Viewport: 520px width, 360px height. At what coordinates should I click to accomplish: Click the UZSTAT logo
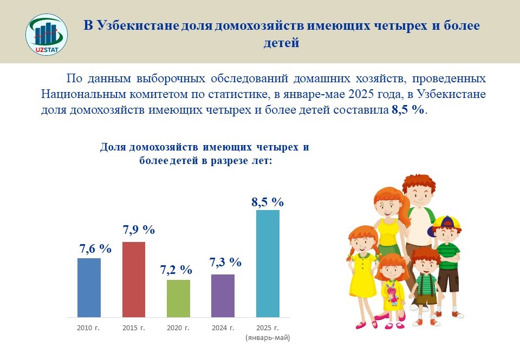click(x=47, y=35)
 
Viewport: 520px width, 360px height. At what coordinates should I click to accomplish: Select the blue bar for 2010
click(x=89, y=288)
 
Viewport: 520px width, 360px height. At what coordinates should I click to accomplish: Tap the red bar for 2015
click(x=134, y=279)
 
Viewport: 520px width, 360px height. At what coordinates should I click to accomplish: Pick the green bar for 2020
click(x=178, y=299)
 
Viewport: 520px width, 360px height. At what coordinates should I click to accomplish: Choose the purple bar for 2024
click(x=223, y=296)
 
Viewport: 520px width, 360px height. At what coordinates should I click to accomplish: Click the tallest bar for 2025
click(x=268, y=264)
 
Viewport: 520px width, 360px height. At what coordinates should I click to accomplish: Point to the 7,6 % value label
click(x=95, y=248)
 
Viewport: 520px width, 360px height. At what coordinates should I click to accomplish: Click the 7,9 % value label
click(x=139, y=230)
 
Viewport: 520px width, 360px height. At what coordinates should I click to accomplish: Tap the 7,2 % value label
click(x=176, y=270)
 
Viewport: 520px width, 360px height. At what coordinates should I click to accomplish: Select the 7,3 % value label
click(x=225, y=262)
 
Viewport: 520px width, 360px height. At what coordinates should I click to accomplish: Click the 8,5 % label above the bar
click(x=267, y=202)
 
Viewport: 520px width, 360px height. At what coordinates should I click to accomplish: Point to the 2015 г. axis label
click(x=134, y=328)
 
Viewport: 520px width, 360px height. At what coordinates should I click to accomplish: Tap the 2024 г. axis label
click(x=223, y=328)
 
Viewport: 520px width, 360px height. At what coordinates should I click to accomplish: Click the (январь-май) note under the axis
click(x=268, y=338)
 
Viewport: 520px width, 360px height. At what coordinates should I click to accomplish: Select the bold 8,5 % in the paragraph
click(x=408, y=110)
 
